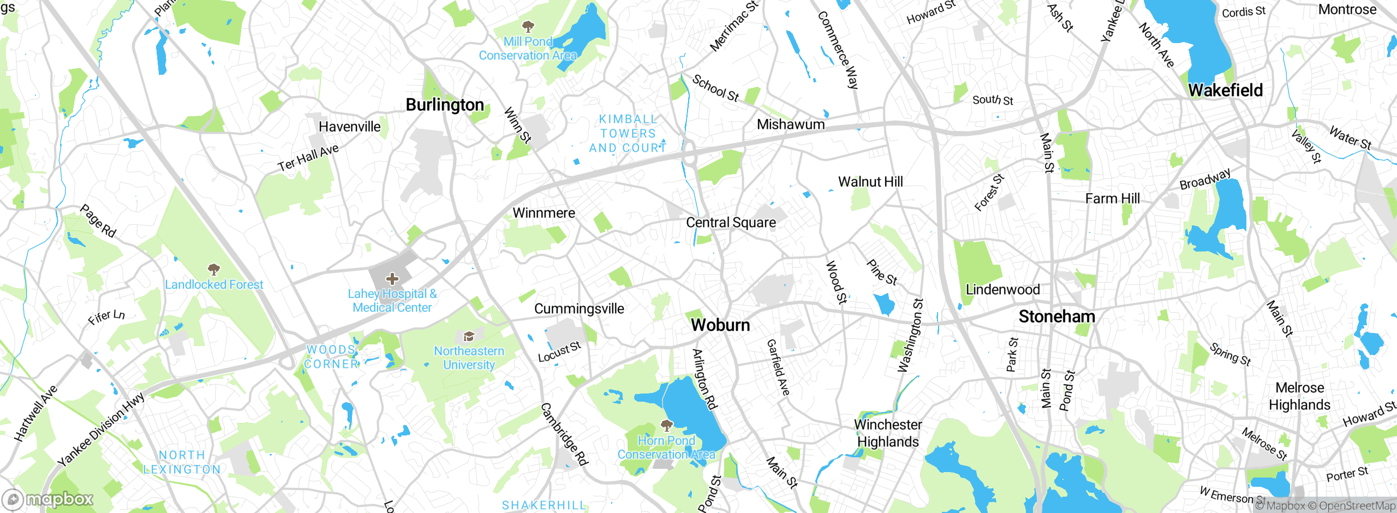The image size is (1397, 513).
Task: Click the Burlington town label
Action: point(445,105)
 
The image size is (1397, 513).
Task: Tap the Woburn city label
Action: point(720,325)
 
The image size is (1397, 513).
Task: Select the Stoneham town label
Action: point(1056,317)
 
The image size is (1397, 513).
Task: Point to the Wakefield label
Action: point(1225,90)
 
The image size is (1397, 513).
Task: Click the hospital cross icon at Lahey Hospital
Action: point(392,279)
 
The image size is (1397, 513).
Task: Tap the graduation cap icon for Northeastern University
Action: point(468,336)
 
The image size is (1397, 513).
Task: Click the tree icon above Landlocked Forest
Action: point(214,269)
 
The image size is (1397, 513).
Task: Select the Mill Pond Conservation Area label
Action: point(528,49)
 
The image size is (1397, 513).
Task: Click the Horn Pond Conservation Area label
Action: point(666,448)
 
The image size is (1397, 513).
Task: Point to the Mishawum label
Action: point(790,124)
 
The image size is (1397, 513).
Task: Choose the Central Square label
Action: point(731,223)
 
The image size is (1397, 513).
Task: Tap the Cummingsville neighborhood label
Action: point(579,309)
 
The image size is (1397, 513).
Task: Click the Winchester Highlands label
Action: point(888,433)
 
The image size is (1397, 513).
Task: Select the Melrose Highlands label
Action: point(1299,396)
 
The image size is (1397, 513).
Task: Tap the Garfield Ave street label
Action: point(778,367)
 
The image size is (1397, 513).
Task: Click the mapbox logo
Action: point(48,499)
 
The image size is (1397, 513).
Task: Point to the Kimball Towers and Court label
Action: point(628,134)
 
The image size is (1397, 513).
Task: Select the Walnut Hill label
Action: point(870,182)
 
